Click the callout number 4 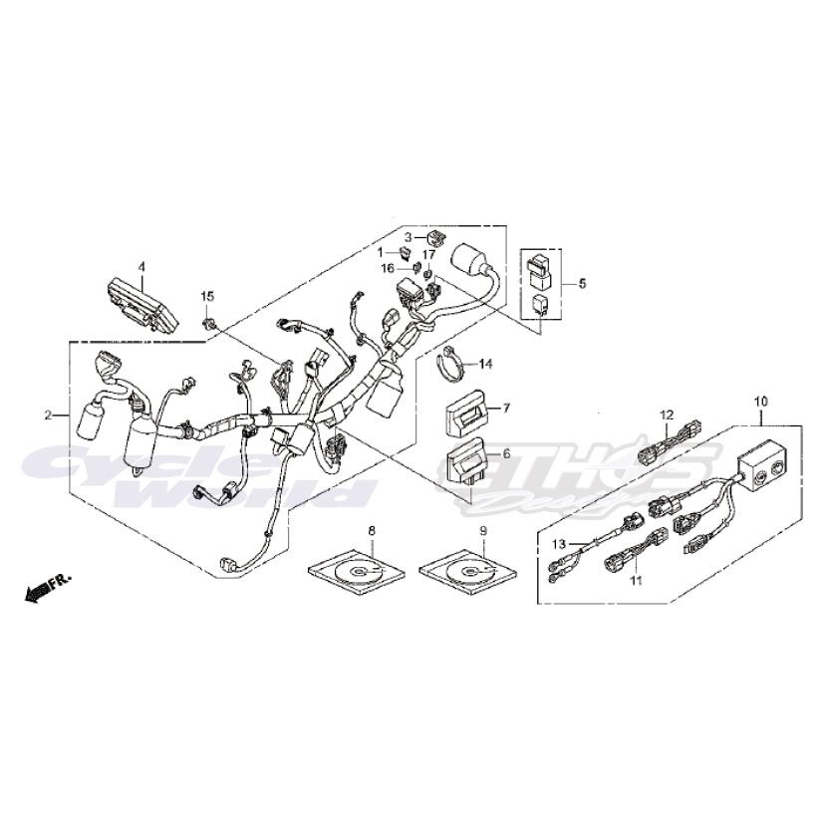pos(141,267)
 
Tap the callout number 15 pos(208,297)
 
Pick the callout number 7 pos(505,409)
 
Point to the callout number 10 pos(760,401)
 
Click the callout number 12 pos(668,413)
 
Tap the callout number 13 pos(559,544)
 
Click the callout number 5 pos(582,284)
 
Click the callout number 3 pos(408,236)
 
